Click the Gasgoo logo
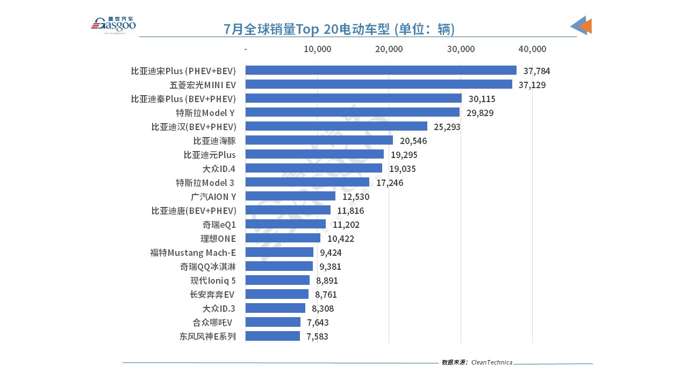pos(113,24)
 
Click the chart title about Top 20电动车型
pos(339,28)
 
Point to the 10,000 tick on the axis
pos(317,49)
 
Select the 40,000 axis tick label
pos(532,49)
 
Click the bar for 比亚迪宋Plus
pos(381,70)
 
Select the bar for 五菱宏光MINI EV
pos(378,84)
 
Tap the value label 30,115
pos(482,99)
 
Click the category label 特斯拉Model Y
pos(206,112)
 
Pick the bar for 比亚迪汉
pos(336,126)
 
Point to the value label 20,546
pos(413,141)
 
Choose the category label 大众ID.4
pos(219,169)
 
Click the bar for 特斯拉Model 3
pos(307,182)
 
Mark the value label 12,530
pos(356,197)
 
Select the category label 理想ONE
pos(218,239)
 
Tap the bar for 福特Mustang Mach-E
pos(279,252)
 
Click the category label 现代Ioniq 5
pos(213,280)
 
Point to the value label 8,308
pos(322,309)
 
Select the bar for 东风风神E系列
pos(273,336)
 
